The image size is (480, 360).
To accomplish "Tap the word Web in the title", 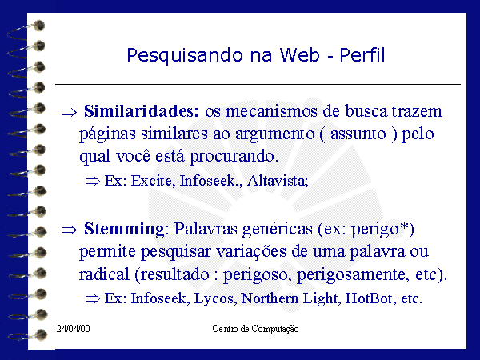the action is (x=300, y=55).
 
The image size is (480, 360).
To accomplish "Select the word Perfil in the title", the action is (x=362, y=54).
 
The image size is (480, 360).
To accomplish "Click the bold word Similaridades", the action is (x=142, y=111).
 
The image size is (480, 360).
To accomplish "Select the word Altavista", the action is (x=278, y=181).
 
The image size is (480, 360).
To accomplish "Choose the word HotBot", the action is (x=369, y=298).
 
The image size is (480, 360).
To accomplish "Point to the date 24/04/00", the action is (x=73, y=329).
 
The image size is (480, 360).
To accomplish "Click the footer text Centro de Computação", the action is (x=255, y=329).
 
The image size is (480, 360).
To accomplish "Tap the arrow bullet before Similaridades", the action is (x=69, y=112).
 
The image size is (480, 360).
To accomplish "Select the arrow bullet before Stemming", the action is (x=69, y=230).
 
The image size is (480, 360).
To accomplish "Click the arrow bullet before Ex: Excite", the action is (x=93, y=182).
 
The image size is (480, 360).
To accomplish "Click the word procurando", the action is (x=234, y=157).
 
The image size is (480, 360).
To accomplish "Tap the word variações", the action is (x=251, y=252).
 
